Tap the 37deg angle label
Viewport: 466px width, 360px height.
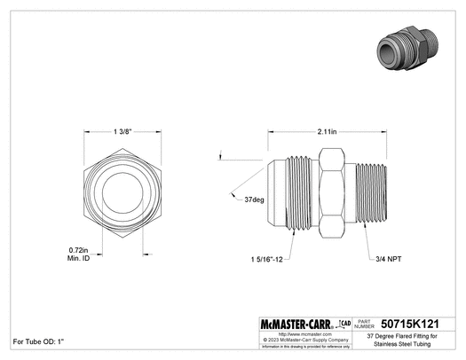pyautogui.click(x=254, y=200)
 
